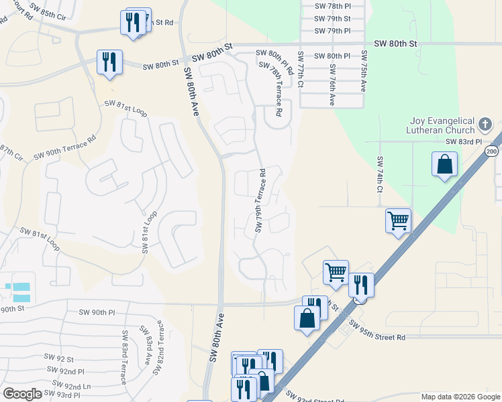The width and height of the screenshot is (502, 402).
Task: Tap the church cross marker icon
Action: click(x=486, y=125)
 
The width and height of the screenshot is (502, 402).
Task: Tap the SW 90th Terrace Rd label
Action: click(x=64, y=147)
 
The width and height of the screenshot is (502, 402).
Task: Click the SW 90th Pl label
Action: click(x=97, y=312)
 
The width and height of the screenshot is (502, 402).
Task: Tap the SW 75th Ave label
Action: click(x=364, y=71)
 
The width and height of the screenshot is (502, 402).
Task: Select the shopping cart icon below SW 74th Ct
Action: click(x=398, y=220)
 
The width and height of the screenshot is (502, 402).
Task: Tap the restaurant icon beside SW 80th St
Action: click(x=109, y=62)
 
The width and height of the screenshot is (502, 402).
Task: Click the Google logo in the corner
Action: click(x=21, y=394)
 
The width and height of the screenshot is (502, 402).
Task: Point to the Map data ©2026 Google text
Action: click(x=460, y=397)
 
